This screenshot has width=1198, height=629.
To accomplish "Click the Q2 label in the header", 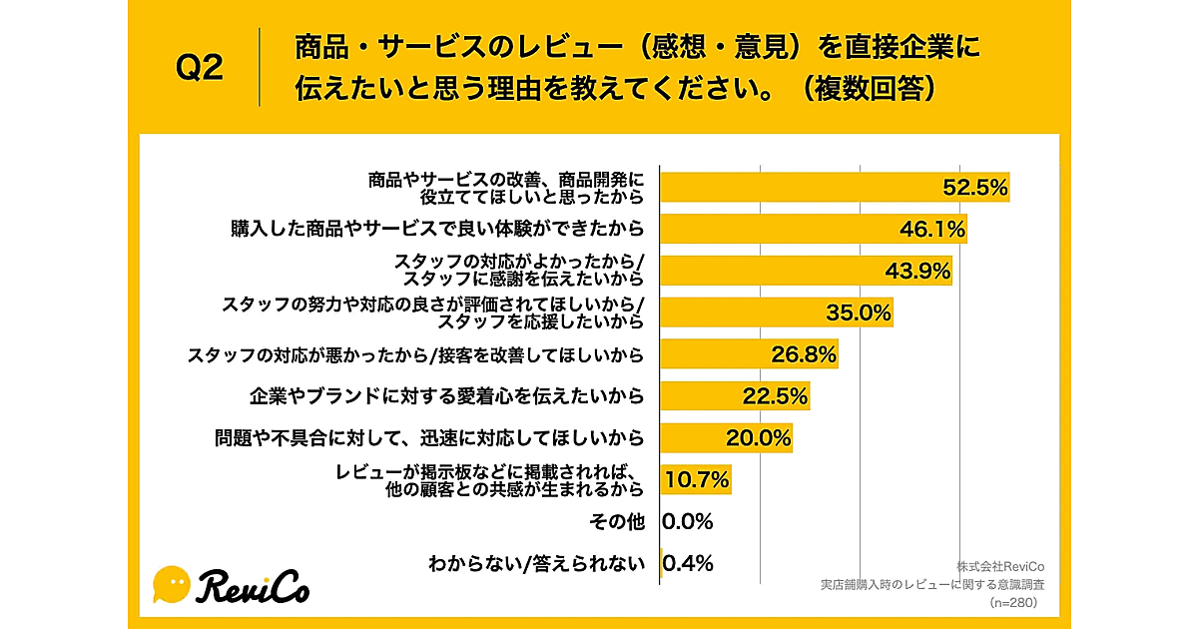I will [x=200, y=68].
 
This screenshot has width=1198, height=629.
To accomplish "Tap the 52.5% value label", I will [x=976, y=187].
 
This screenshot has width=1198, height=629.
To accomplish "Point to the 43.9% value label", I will [x=917, y=271].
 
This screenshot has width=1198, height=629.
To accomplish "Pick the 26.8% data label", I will [x=804, y=354].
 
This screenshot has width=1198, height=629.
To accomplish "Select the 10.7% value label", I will [x=697, y=479].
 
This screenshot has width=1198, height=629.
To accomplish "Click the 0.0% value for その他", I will [x=688, y=521].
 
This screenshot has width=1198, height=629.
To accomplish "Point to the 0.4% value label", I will [x=688, y=563].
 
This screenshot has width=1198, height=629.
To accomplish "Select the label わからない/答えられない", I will [x=536, y=563].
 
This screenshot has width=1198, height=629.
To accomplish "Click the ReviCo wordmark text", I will [x=255, y=587].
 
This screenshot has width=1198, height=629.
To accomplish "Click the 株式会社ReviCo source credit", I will [x=1000, y=567].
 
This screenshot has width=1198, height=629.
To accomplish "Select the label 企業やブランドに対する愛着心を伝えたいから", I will [x=445, y=396].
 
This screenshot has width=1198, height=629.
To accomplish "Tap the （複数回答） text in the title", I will [x=868, y=89].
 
